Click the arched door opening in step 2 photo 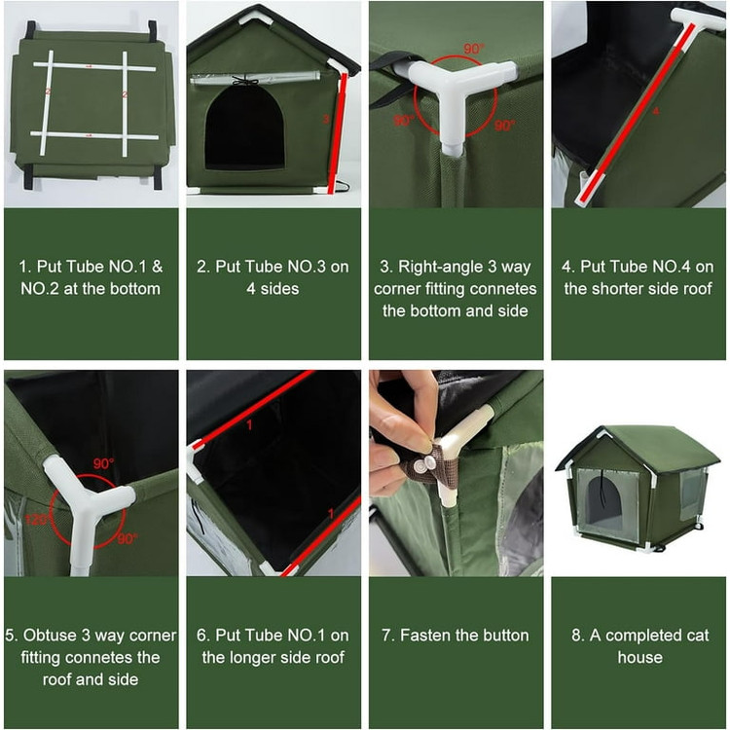245,128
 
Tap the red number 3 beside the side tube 326,119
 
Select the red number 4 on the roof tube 655,111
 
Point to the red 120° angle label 36,519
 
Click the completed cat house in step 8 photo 638,488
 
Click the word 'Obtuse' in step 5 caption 51,635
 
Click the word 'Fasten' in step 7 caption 425,635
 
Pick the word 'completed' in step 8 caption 641,636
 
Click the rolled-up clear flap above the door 255,78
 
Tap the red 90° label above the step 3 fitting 474,48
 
